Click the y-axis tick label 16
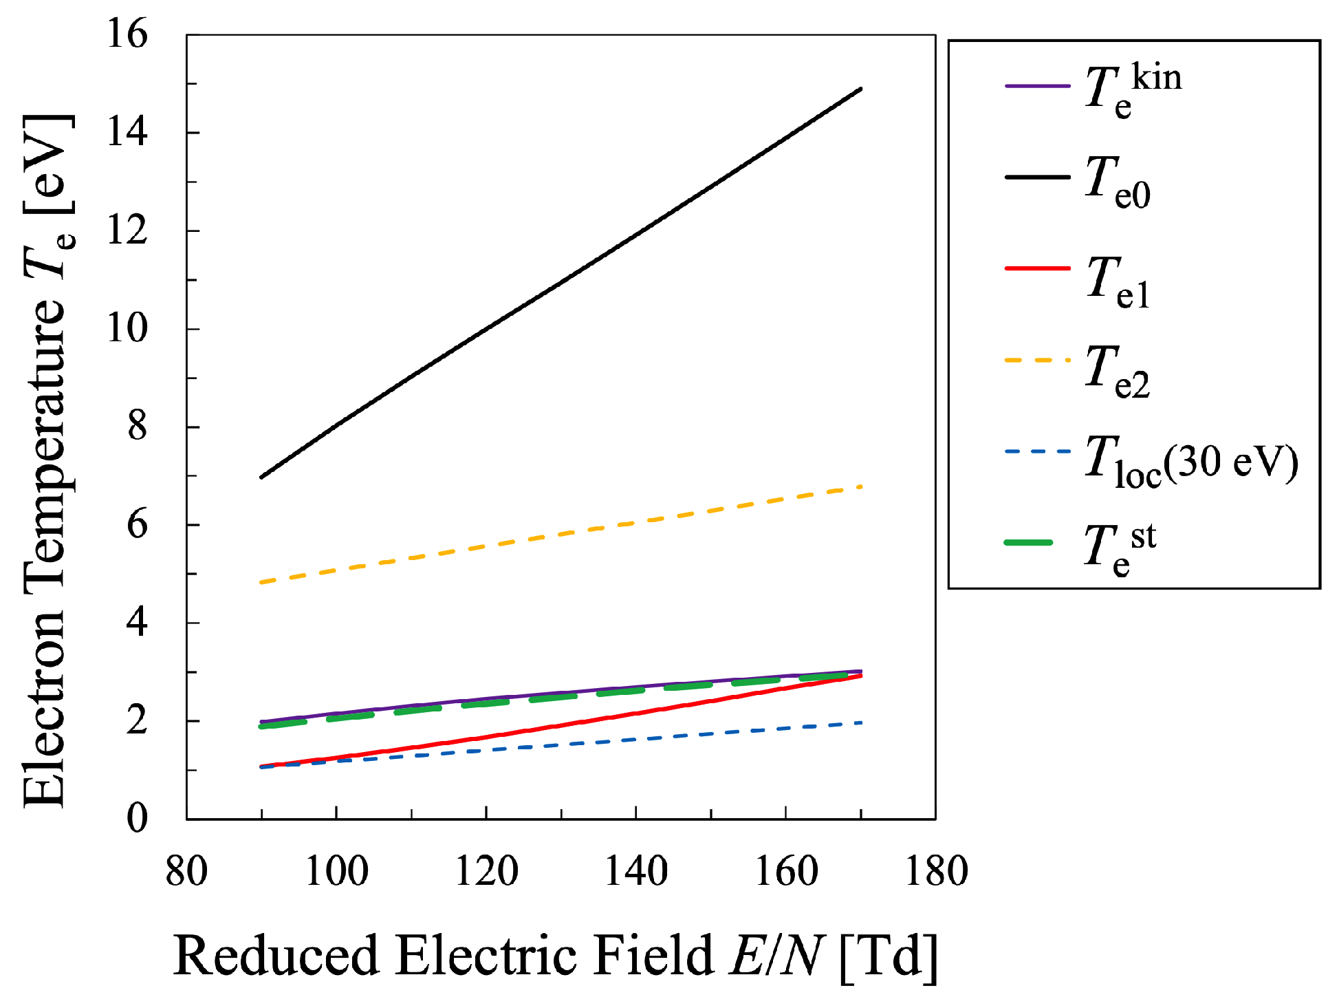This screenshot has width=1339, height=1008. click(x=127, y=34)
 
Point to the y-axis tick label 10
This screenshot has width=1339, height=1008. click(x=127, y=328)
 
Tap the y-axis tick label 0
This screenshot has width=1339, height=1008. click(x=137, y=819)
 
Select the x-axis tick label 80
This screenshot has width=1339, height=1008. click(x=186, y=872)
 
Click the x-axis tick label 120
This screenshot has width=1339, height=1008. click(x=486, y=872)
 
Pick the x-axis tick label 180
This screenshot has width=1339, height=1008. click(x=936, y=872)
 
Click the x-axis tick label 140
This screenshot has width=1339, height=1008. click(x=636, y=872)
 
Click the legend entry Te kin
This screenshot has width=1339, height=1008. click(x=1132, y=89)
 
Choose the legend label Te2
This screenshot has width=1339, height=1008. click(x=1117, y=371)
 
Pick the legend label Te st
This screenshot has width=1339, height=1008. click(x=1119, y=548)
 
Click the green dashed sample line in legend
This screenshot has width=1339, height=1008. click(x=1029, y=543)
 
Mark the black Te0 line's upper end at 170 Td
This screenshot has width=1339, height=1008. click(x=860, y=89)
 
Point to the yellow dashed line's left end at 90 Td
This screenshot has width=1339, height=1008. click(x=261, y=582)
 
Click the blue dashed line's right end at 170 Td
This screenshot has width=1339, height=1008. click(x=860, y=722)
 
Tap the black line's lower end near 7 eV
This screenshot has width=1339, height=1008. click(x=261, y=477)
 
